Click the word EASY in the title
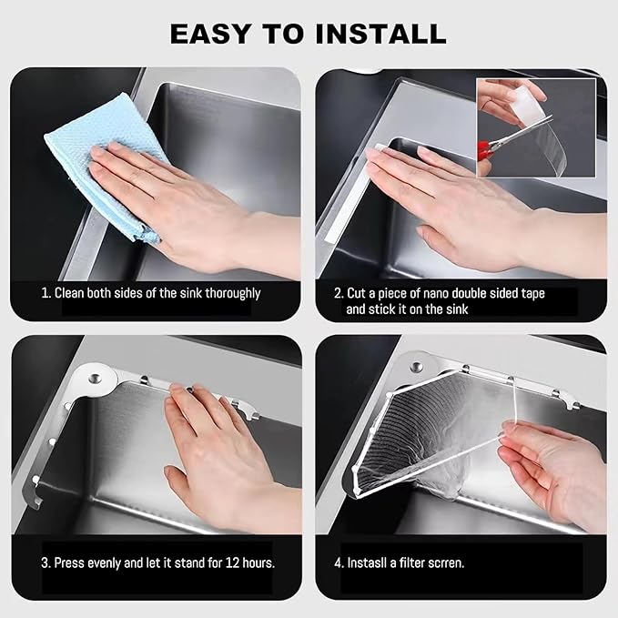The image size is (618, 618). [x=210, y=34]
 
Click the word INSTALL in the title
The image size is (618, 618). [x=380, y=34]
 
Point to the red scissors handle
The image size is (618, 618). [x=483, y=151]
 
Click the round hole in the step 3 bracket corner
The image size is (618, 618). [x=95, y=380]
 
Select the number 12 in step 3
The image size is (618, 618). [x=232, y=562]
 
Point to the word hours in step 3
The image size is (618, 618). [x=258, y=562]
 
